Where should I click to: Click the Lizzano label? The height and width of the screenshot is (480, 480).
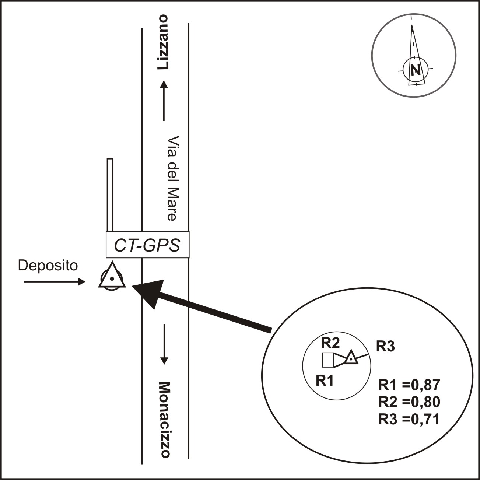(164, 42)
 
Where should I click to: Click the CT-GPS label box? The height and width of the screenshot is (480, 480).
(147, 245)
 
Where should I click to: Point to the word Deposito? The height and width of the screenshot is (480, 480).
(48, 266)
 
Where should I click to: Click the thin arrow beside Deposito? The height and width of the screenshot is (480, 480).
(55, 282)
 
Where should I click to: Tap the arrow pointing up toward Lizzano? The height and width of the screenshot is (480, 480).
(164, 100)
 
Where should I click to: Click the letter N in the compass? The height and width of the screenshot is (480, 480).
(416, 69)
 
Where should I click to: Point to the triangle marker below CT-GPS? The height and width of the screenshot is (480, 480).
(112, 277)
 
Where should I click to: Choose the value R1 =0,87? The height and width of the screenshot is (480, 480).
(409, 385)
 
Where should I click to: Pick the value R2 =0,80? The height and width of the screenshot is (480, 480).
(409, 402)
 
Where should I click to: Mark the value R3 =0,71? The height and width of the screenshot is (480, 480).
(409, 419)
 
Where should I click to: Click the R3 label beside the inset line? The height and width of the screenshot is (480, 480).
(385, 347)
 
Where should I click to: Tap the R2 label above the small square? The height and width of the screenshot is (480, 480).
(330, 343)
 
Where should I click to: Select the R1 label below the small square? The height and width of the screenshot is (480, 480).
(325, 381)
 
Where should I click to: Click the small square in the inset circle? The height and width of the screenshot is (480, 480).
(328, 360)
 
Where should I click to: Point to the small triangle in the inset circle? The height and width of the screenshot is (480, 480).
(351, 357)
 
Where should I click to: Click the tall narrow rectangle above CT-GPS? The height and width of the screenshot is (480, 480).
(110, 195)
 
